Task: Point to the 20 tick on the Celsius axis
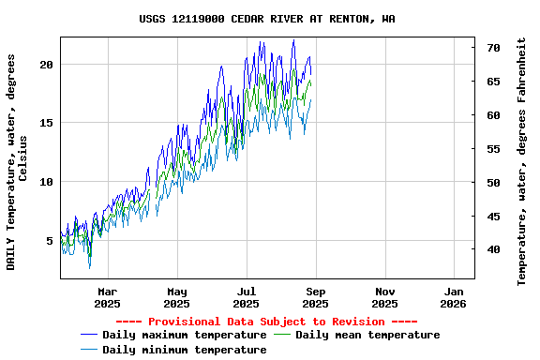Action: click(x=47, y=64)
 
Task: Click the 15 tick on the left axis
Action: click(x=47, y=123)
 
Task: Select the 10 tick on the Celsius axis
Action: click(x=47, y=182)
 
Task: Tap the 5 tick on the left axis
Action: click(x=50, y=241)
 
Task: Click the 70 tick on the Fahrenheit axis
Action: click(x=493, y=47)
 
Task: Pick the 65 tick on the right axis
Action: click(x=493, y=82)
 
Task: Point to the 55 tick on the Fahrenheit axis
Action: click(x=493, y=149)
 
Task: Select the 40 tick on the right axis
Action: click(x=493, y=249)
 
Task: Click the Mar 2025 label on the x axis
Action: click(x=108, y=296)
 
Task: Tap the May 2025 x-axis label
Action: click(x=176, y=296)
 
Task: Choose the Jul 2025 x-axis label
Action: click(x=246, y=296)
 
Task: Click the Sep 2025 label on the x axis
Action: click(x=315, y=296)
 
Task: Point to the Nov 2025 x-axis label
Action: click(x=384, y=296)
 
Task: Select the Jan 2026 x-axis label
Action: click(x=453, y=296)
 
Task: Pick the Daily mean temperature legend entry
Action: click(x=367, y=335)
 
